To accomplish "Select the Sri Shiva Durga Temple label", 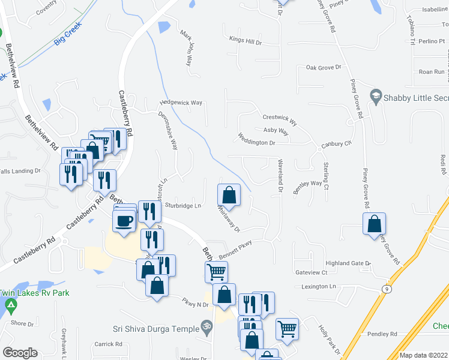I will click(155, 328).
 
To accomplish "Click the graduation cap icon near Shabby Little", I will click(376, 95).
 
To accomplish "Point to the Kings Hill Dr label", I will click(246, 41).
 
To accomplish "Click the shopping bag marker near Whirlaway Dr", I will click(229, 195).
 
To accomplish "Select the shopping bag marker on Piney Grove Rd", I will click(374, 224).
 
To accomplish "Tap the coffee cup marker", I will click(124, 220).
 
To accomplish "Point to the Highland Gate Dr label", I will click(348, 263).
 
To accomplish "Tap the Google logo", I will click(20, 353).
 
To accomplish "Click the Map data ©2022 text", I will click(423, 355).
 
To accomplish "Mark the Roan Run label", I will click(432, 71).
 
